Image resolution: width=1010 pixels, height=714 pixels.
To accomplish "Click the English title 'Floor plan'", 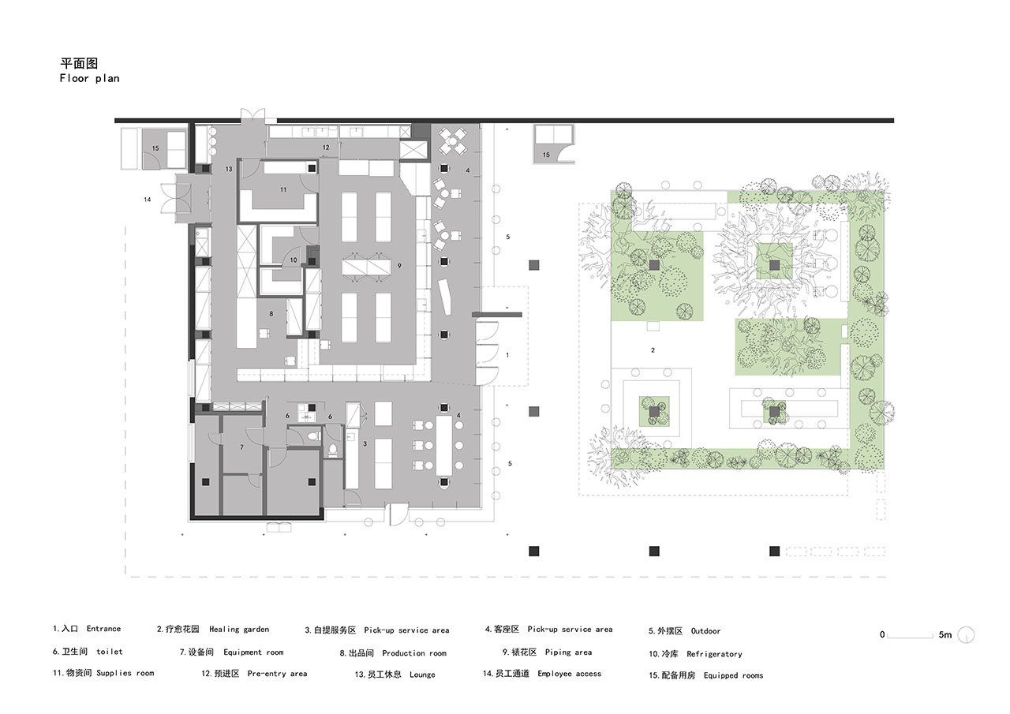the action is (x=89, y=78).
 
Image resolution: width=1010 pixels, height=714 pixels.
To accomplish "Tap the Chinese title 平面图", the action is (x=80, y=63).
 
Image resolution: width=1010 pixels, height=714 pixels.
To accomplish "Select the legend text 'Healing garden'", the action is (x=239, y=630).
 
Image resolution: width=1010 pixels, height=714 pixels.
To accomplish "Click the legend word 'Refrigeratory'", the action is (x=714, y=654).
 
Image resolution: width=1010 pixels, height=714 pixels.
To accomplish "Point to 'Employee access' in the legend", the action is (x=569, y=674).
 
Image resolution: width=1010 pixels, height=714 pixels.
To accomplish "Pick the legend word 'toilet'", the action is (x=109, y=652).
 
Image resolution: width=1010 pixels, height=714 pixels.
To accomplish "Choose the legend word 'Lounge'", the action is (x=422, y=675).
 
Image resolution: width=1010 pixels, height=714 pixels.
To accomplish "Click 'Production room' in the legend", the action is (x=414, y=653).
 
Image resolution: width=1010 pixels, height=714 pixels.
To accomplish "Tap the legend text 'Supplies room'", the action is (x=125, y=673).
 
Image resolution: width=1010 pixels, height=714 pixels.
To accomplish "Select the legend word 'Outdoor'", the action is (x=705, y=631).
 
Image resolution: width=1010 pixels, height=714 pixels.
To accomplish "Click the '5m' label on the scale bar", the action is (x=945, y=634).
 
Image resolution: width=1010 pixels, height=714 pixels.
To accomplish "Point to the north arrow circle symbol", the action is (x=966, y=635).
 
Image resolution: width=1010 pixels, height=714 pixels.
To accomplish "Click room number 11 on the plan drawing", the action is (x=283, y=190).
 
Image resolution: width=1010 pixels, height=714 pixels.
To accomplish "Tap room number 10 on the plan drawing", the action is (x=294, y=260).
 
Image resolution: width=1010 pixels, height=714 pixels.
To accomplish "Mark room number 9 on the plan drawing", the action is (x=399, y=266).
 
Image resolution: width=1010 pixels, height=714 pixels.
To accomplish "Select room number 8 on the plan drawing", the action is (x=271, y=314).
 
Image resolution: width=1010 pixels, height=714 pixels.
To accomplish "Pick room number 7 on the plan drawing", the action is (x=241, y=447).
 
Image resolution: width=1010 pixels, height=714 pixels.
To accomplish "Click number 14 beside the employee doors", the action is (x=148, y=200).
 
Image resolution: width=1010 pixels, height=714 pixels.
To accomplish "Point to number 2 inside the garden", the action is (x=653, y=350).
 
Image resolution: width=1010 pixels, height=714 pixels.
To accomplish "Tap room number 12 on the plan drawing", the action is (x=326, y=148).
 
